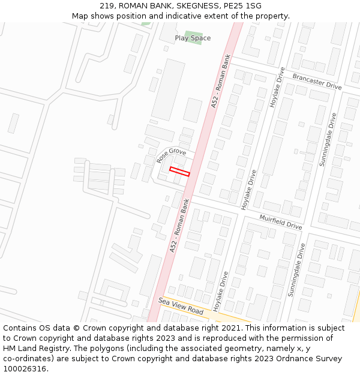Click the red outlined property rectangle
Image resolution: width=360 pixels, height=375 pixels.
179,171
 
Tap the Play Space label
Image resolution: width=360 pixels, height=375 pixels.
193,38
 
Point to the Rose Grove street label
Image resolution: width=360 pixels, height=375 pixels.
171,155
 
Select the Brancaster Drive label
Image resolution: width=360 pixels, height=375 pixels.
317,82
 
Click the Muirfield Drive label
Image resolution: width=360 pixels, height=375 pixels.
280,221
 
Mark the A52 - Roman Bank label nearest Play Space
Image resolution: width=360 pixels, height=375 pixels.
221,82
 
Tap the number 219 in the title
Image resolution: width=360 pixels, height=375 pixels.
107,5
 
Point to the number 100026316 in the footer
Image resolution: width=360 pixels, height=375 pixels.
23,369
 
